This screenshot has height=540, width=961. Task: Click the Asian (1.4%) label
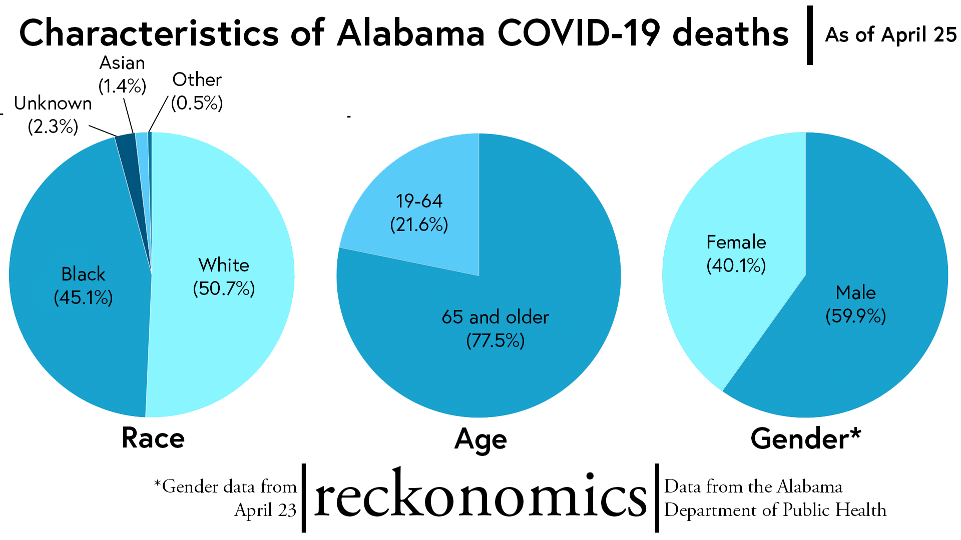point(122,74)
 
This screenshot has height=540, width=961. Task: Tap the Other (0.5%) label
point(197,91)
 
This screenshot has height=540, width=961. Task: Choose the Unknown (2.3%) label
point(53,114)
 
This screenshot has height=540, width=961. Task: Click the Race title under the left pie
point(153,438)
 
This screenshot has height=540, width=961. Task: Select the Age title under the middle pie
point(480,439)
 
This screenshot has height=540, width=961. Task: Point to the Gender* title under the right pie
point(805,438)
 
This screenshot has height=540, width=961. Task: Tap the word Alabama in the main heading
point(411,33)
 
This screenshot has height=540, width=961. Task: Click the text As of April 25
point(890,34)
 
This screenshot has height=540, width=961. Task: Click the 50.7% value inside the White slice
point(224,288)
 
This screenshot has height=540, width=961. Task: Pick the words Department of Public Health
point(775,510)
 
